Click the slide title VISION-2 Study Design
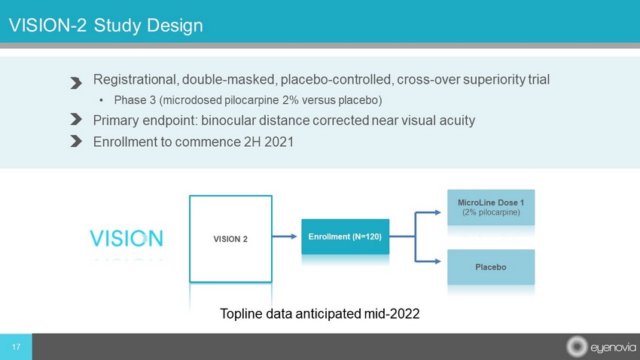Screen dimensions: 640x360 click(x=105, y=26)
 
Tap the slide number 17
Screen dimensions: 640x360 click(x=16, y=347)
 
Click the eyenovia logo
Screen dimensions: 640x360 click(x=601, y=347)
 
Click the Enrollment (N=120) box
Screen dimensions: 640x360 click(x=346, y=236)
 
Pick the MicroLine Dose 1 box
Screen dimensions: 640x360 click(x=491, y=207)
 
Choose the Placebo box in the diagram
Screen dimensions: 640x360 click(x=491, y=267)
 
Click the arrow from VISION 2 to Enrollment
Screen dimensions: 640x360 click(x=285, y=236)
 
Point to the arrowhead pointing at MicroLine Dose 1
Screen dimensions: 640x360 click(x=437, y=212)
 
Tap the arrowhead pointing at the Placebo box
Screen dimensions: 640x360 click(x=437, y=261)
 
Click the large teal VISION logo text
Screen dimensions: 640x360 click(x=126, y=238)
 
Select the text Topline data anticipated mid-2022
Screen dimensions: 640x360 click(x=319, y=313)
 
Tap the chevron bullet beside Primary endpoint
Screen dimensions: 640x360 click(x=76, y=119)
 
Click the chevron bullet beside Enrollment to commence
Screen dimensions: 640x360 click(x=76, y=141)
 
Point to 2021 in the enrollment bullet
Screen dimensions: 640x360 click(x=279, y=142)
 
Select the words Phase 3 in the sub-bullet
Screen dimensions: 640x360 click(x=135, y=100)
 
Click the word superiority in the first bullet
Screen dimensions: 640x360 click(x=493, y=80)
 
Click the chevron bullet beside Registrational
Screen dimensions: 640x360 click(x=76, y=83)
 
